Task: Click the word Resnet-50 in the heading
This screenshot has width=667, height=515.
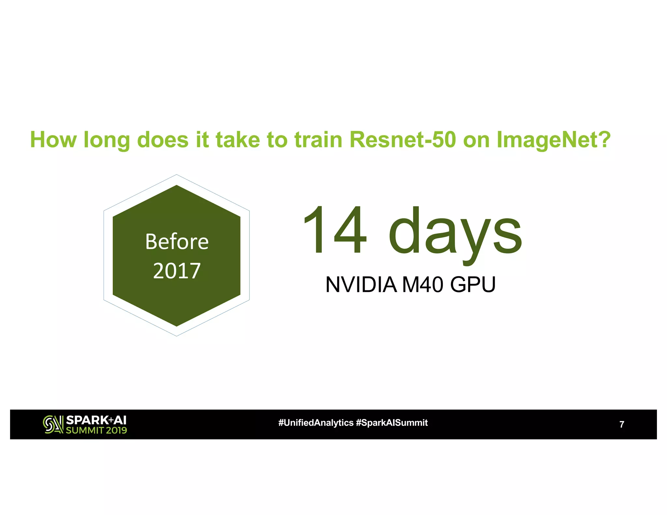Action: (402, 140)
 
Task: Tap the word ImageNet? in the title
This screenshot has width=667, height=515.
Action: (553, 140)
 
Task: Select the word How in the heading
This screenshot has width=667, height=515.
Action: (53, 140)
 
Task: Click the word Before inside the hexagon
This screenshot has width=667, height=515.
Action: (177, 242)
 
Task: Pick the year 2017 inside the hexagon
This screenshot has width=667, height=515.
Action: (177, 271)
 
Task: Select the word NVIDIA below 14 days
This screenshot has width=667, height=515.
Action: (361, 285)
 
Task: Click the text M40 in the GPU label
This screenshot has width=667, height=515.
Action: (422, 285)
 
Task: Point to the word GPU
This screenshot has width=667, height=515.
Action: (473, 285)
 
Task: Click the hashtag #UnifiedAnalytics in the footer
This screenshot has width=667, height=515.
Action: (316, 423)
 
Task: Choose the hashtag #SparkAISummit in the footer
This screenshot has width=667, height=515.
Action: (391, 423)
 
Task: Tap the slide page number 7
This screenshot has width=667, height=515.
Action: (622, 425)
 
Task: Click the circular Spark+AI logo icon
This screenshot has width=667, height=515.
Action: (53, 425)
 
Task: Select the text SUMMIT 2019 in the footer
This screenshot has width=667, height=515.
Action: (96, 430)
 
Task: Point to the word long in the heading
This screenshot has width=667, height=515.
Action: (106, 140)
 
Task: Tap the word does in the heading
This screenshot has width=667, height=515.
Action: (163, 140)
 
